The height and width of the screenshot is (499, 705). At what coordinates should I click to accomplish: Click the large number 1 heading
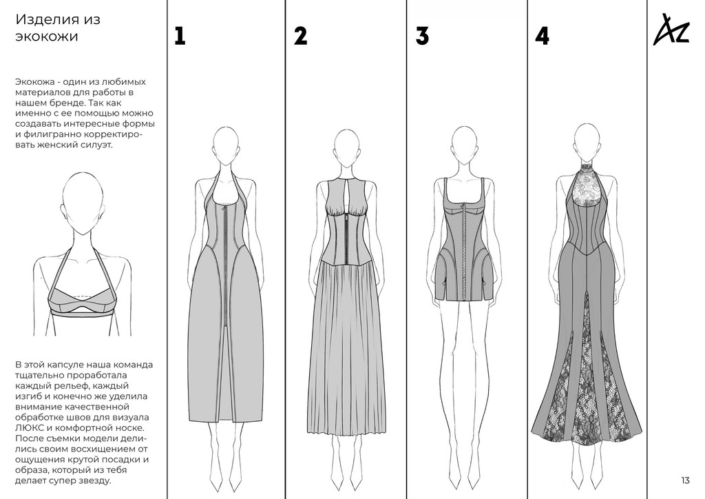point(180,36)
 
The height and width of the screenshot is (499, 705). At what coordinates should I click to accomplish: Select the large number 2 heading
point(301,36)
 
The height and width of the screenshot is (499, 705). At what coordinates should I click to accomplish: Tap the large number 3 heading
point(422,36)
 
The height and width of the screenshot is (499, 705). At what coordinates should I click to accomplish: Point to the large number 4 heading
point(543,36)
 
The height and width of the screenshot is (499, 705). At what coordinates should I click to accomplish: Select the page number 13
point(685,480)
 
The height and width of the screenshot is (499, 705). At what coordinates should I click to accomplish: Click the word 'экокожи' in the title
point(47,37)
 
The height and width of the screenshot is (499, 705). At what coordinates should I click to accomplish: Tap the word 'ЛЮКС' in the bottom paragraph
point(27,428)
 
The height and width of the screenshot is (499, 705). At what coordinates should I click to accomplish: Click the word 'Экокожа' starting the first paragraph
point(36,82)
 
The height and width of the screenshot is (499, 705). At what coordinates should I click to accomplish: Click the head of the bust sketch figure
point(83,203)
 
